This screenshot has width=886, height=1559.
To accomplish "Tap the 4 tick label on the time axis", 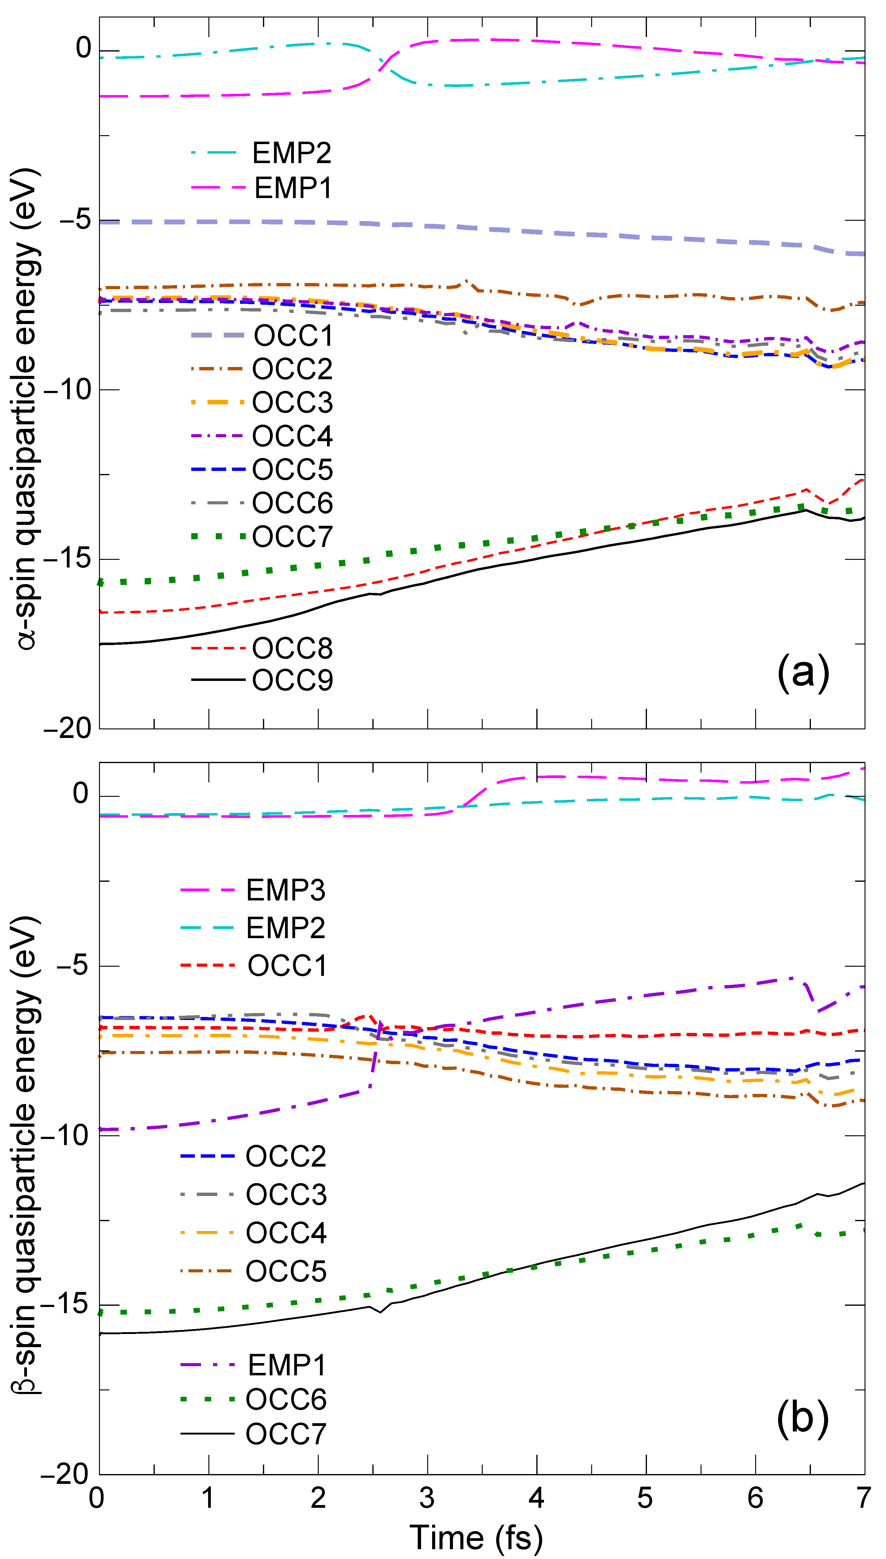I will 536,1497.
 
